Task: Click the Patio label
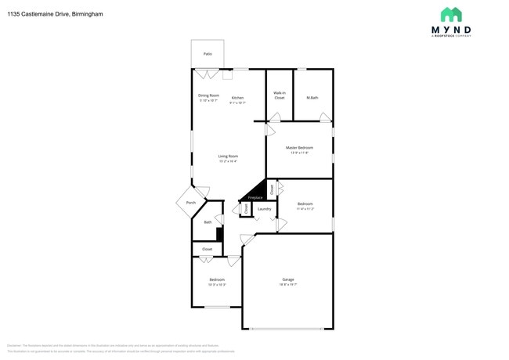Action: click(x=208, y=54)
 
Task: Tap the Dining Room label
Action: click(x=208, y=95)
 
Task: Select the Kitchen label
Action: click(x=236, y=98)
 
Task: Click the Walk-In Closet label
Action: click(x=279, y=95)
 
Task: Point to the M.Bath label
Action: click(x=312, y=98)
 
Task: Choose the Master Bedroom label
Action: click(x=299, y=148)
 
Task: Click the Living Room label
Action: click(x=228, y=157)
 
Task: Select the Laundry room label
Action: click(x=265, y=209)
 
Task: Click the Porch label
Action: click(x=191, y=203)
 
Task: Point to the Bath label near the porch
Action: click(x=208, y=222)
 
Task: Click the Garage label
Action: click(x=288, y=279)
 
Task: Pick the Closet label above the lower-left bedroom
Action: click(x=207, y=249)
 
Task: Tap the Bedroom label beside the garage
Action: click(x=216, y=279)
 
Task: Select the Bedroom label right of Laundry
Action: click(x=305, y=205)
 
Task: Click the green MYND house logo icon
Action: click(x=451, y=15)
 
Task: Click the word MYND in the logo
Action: click(x=451, y=31)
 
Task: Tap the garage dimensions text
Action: click(x=288, y=285)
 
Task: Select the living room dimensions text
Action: click(x=228, y=161)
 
